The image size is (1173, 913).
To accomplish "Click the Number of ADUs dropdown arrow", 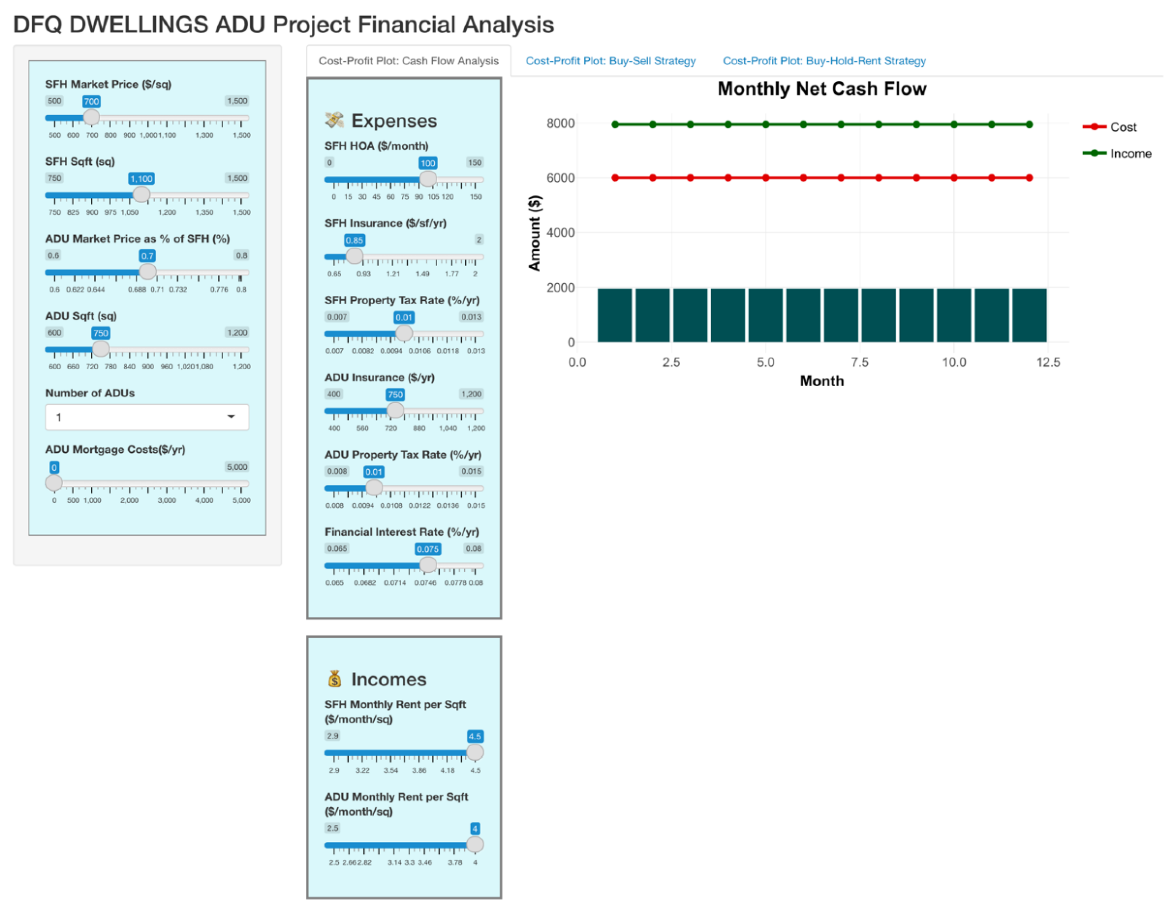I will click(x=231, y=417).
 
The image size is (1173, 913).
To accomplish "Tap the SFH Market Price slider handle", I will click(x=91, y=117).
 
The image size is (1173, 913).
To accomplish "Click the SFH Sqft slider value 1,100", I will click(x=141, y=179).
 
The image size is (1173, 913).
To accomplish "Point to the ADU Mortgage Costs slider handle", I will click(x=54, y=483).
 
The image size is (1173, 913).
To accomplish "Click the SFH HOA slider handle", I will click(x=428, y=179).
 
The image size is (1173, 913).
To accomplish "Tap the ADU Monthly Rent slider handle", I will click(x=475, y=845).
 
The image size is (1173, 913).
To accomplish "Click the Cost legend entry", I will click(x=1123, y=127).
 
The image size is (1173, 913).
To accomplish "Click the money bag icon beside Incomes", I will click(x=334, y=679).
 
